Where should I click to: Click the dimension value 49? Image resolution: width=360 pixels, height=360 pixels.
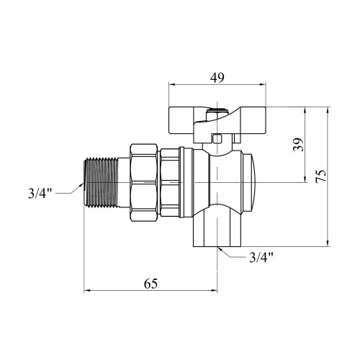217,78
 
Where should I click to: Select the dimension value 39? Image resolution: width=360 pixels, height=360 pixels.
299,144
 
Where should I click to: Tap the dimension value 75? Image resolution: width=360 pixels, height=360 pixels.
321,176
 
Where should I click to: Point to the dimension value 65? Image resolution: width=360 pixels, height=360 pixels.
150,284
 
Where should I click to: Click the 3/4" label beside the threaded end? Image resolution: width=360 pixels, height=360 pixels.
40,194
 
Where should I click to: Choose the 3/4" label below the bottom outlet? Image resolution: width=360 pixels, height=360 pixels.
261,258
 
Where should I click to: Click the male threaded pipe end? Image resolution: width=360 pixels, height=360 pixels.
101,182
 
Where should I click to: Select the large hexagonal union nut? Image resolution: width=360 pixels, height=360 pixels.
143,182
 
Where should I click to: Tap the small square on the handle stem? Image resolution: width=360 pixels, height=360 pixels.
217,138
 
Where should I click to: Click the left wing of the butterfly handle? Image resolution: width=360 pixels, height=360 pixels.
182,120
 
